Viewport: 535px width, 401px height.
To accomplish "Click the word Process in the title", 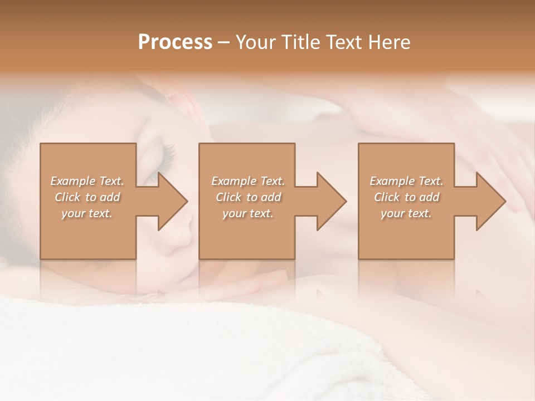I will (175, 42).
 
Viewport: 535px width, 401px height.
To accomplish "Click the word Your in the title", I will (255, 42).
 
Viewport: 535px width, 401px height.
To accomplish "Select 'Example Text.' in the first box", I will (87, 181).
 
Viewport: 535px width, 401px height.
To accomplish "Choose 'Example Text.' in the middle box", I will (248, 181).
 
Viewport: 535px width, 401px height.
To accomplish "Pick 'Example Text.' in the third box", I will (406, 181).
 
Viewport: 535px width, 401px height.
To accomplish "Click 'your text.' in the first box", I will (87, 213).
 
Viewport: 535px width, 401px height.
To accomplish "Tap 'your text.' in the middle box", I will (247, 213).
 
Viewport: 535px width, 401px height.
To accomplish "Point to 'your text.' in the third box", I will (406, 213).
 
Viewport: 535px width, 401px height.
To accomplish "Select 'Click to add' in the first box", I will (87, 197).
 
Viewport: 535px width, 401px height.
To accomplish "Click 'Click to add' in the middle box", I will (248, 197).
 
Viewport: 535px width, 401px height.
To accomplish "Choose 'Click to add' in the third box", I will (406, 197).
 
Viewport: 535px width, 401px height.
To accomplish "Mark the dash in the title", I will (224, 43).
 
